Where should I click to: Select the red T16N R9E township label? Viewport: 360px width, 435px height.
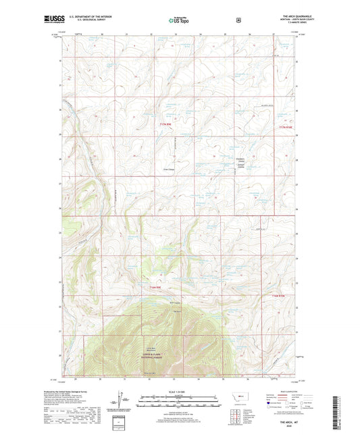tap(155, 289)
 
